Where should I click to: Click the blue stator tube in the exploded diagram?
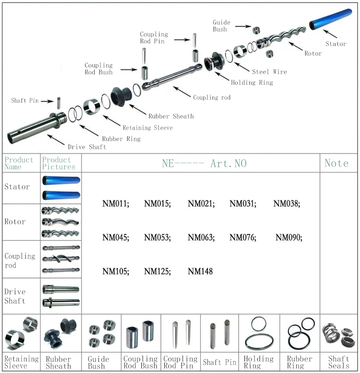pyautogui.click(x=330, y=20)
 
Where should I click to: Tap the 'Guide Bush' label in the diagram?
pyautogui.click(x=222, y=26)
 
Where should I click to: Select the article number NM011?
pyautogui.click(x=116, y=204)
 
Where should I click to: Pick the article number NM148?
pyautogui.click(x=200, y=271)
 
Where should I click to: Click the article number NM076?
pyautogui.click(x=243, y=238)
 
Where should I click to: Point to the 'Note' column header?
pyautogui.click(x=336, y=163)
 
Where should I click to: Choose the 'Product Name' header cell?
pyautogui.click(x=19, y=163)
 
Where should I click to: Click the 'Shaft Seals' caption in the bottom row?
pyautogui.click(x=339, y=362)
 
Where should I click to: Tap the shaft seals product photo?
pyautogui.click(x=338, y=333)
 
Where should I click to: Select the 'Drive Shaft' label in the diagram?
pyautogui.click(x=87, y=147)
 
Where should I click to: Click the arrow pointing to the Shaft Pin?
pyautogui.click(x=47, y=101)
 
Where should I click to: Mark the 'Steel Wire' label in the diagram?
pyautogui.click(x=269, y=72)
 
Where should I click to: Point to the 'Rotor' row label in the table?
pyautogui.click(x=15, y=222)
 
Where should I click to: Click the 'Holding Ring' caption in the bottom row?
pyautogui.click(x=259, y=362)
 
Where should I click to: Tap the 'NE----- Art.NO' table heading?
pyautogui.click(x=204, y=164)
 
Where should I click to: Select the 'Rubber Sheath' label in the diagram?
pyautogui.click(x=171, y=116)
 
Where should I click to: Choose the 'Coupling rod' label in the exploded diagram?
pyautogui.click(x=212, y=97)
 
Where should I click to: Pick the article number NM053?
pyautogui.click(x=157, y=238)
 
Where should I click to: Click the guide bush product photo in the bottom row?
pyautogui.click(x=102, y=333)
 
